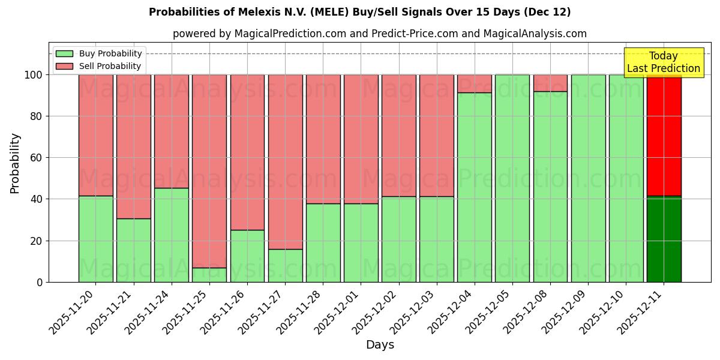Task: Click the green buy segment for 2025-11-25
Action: click(209, 275)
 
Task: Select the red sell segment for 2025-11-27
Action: click(285, 161)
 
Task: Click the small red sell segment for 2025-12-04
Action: click(475, 83)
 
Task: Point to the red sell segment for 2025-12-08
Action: click(550, 83)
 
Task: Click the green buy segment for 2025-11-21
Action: click(134, 250)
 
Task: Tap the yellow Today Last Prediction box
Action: click(663, 62)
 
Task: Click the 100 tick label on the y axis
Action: click(33, 75)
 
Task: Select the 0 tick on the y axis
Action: click(40, 282)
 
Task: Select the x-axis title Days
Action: click(380, 345)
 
